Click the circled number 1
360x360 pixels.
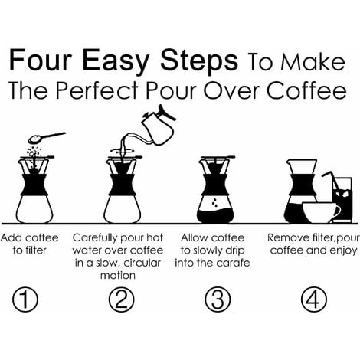click(x=25, y=299)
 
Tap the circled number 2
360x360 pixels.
click(x=121, y=299)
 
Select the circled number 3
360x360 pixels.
click(x=218, y=299)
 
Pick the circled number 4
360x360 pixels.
click(x=314, y=299)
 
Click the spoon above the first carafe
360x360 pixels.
click(x=47, y=137)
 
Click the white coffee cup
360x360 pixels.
click(x=321, y=212)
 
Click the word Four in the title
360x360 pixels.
click(x=41, y=61)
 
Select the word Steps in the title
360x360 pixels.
click(x=199, y=62)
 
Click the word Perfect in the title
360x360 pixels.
click(x=97, y=90)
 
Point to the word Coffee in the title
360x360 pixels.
click(x=306, y=90)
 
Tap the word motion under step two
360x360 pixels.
click(x=118, y=275)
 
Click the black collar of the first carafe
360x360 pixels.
click(x=34, y=185)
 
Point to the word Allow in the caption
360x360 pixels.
click(x=192, y=237)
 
